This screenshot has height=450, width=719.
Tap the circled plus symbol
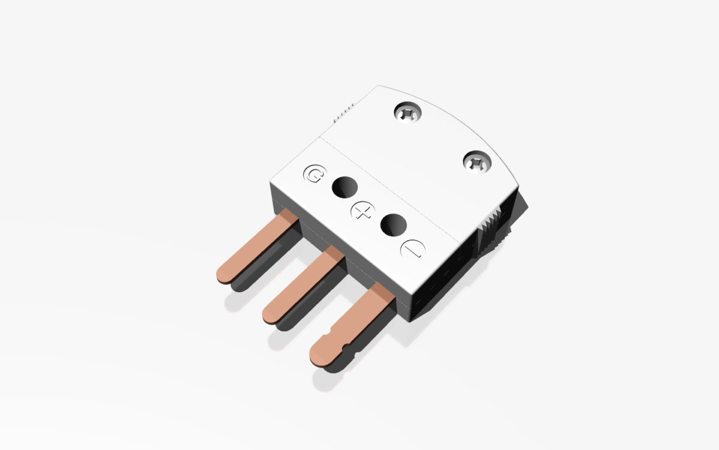pyautogui.click(x=360, y=211)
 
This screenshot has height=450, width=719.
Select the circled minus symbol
pyautogui.click(x=412, y=249)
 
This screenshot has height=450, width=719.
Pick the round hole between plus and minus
pyautogui.click(x=394, y=225)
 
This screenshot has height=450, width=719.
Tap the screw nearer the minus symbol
pyautogui.click(x=478, y=161)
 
